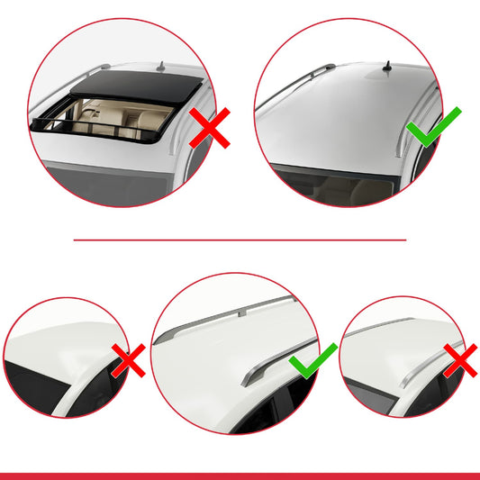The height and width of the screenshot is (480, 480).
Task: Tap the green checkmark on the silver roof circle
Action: click(435, 129)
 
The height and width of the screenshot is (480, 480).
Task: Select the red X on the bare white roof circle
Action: click(129, 362)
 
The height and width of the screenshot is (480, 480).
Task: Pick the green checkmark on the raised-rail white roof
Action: click(312, 361)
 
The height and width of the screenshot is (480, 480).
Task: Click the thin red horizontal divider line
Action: click(240, 240)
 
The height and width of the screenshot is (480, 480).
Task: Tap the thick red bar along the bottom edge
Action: click(240, 475)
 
